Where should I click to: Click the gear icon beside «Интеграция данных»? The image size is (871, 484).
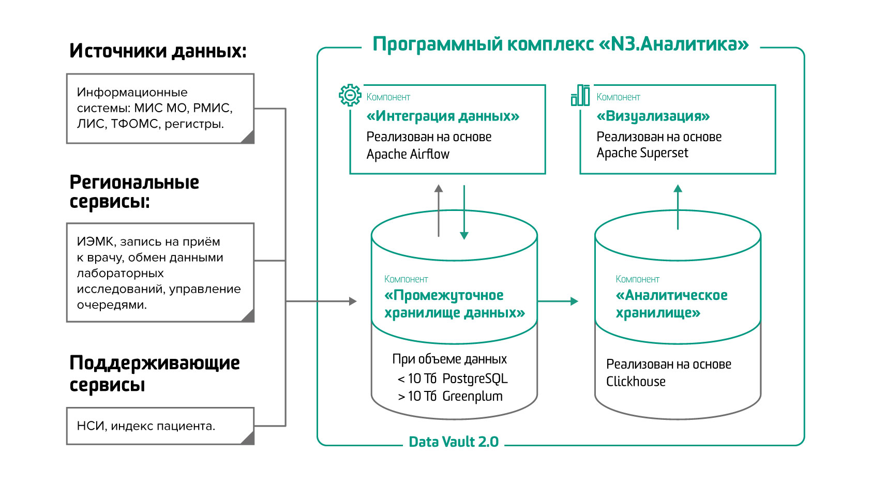(x=350, y=95)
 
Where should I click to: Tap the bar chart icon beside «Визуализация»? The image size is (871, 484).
(x=580, y=95)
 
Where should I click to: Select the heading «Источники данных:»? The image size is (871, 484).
(x=158, y=51)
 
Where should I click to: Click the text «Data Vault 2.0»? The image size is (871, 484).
(x=454, y=442)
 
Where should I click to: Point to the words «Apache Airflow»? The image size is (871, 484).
(x=408, y=154)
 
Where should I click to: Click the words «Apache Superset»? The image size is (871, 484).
(x=642, y=153)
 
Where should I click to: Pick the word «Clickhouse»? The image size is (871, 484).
(x=636, y=382)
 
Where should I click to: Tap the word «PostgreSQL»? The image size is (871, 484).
(x=475, y=379)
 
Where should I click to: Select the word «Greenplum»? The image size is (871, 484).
(x=472, y=397)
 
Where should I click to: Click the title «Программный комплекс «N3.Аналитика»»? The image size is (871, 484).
(x=561, y=44)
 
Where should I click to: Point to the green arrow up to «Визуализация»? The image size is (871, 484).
(x=678, y=207)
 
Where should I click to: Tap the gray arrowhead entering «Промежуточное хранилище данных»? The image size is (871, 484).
(x=353, y=301)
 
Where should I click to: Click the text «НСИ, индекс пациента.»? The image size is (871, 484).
(x=146, y=426)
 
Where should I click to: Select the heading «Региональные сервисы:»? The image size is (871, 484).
(x=134, y=192)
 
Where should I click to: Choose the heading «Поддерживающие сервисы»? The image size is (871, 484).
(x=155, y=373)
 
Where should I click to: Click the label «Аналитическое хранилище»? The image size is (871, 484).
(x=671, y=304)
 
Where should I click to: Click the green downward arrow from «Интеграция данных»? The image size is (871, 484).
(x=464, y=212)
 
